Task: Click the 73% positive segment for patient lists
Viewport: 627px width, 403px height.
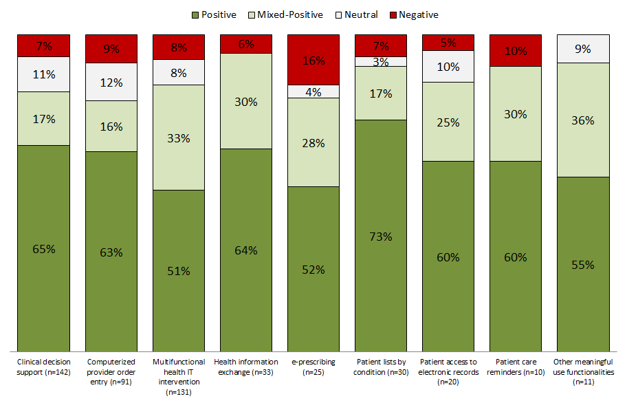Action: coord(381,236)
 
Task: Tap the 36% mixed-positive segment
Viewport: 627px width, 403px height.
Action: coord(583,120)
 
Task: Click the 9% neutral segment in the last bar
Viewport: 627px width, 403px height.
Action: coord(583,49)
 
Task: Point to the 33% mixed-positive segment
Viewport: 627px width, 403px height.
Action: coord(179,137)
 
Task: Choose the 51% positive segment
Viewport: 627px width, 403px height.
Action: coord(179,270)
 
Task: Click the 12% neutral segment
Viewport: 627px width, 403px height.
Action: coord(111,82)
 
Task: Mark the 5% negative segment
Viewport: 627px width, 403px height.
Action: coord(448,42)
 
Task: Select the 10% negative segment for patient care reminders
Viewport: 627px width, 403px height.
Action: coord(516,50)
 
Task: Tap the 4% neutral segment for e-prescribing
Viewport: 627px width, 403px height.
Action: coord(313,91)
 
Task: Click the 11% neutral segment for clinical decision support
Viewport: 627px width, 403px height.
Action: coord(44,74)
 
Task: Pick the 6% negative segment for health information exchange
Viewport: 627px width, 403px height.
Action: coord(246,43)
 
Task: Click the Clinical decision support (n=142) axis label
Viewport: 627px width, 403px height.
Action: coord(44,367)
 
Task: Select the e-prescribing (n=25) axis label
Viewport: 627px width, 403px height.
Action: coord(313,367)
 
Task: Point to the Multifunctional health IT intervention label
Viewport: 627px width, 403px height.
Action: coord(179,376)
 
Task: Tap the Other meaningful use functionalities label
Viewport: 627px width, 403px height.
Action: coord(583,371)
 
